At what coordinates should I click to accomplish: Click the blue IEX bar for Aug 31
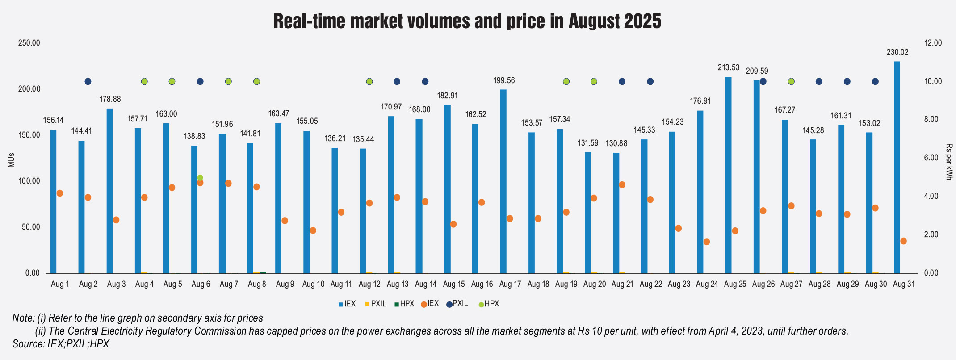(897, 167)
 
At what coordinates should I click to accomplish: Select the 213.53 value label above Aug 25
(729, 68)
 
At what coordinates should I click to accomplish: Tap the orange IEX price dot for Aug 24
(707, 242)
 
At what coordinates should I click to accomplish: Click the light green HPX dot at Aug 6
(200, 178)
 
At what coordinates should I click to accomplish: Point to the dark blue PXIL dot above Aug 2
(88, 81)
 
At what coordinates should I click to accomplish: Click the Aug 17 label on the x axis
(510, 284)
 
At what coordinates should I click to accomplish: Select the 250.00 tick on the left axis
(29, 43)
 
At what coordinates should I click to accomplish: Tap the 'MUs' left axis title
(11, 160)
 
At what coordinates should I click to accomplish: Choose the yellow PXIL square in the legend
(367, 304)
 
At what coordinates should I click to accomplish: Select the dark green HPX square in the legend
(396, 304)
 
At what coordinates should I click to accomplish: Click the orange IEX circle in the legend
(423, 304)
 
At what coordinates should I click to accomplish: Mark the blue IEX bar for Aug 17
(503, 181)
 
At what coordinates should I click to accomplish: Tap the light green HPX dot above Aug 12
(369, 81)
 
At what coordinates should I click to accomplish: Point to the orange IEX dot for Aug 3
(116, 220)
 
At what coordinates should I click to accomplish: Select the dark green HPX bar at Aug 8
(263, 272)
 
